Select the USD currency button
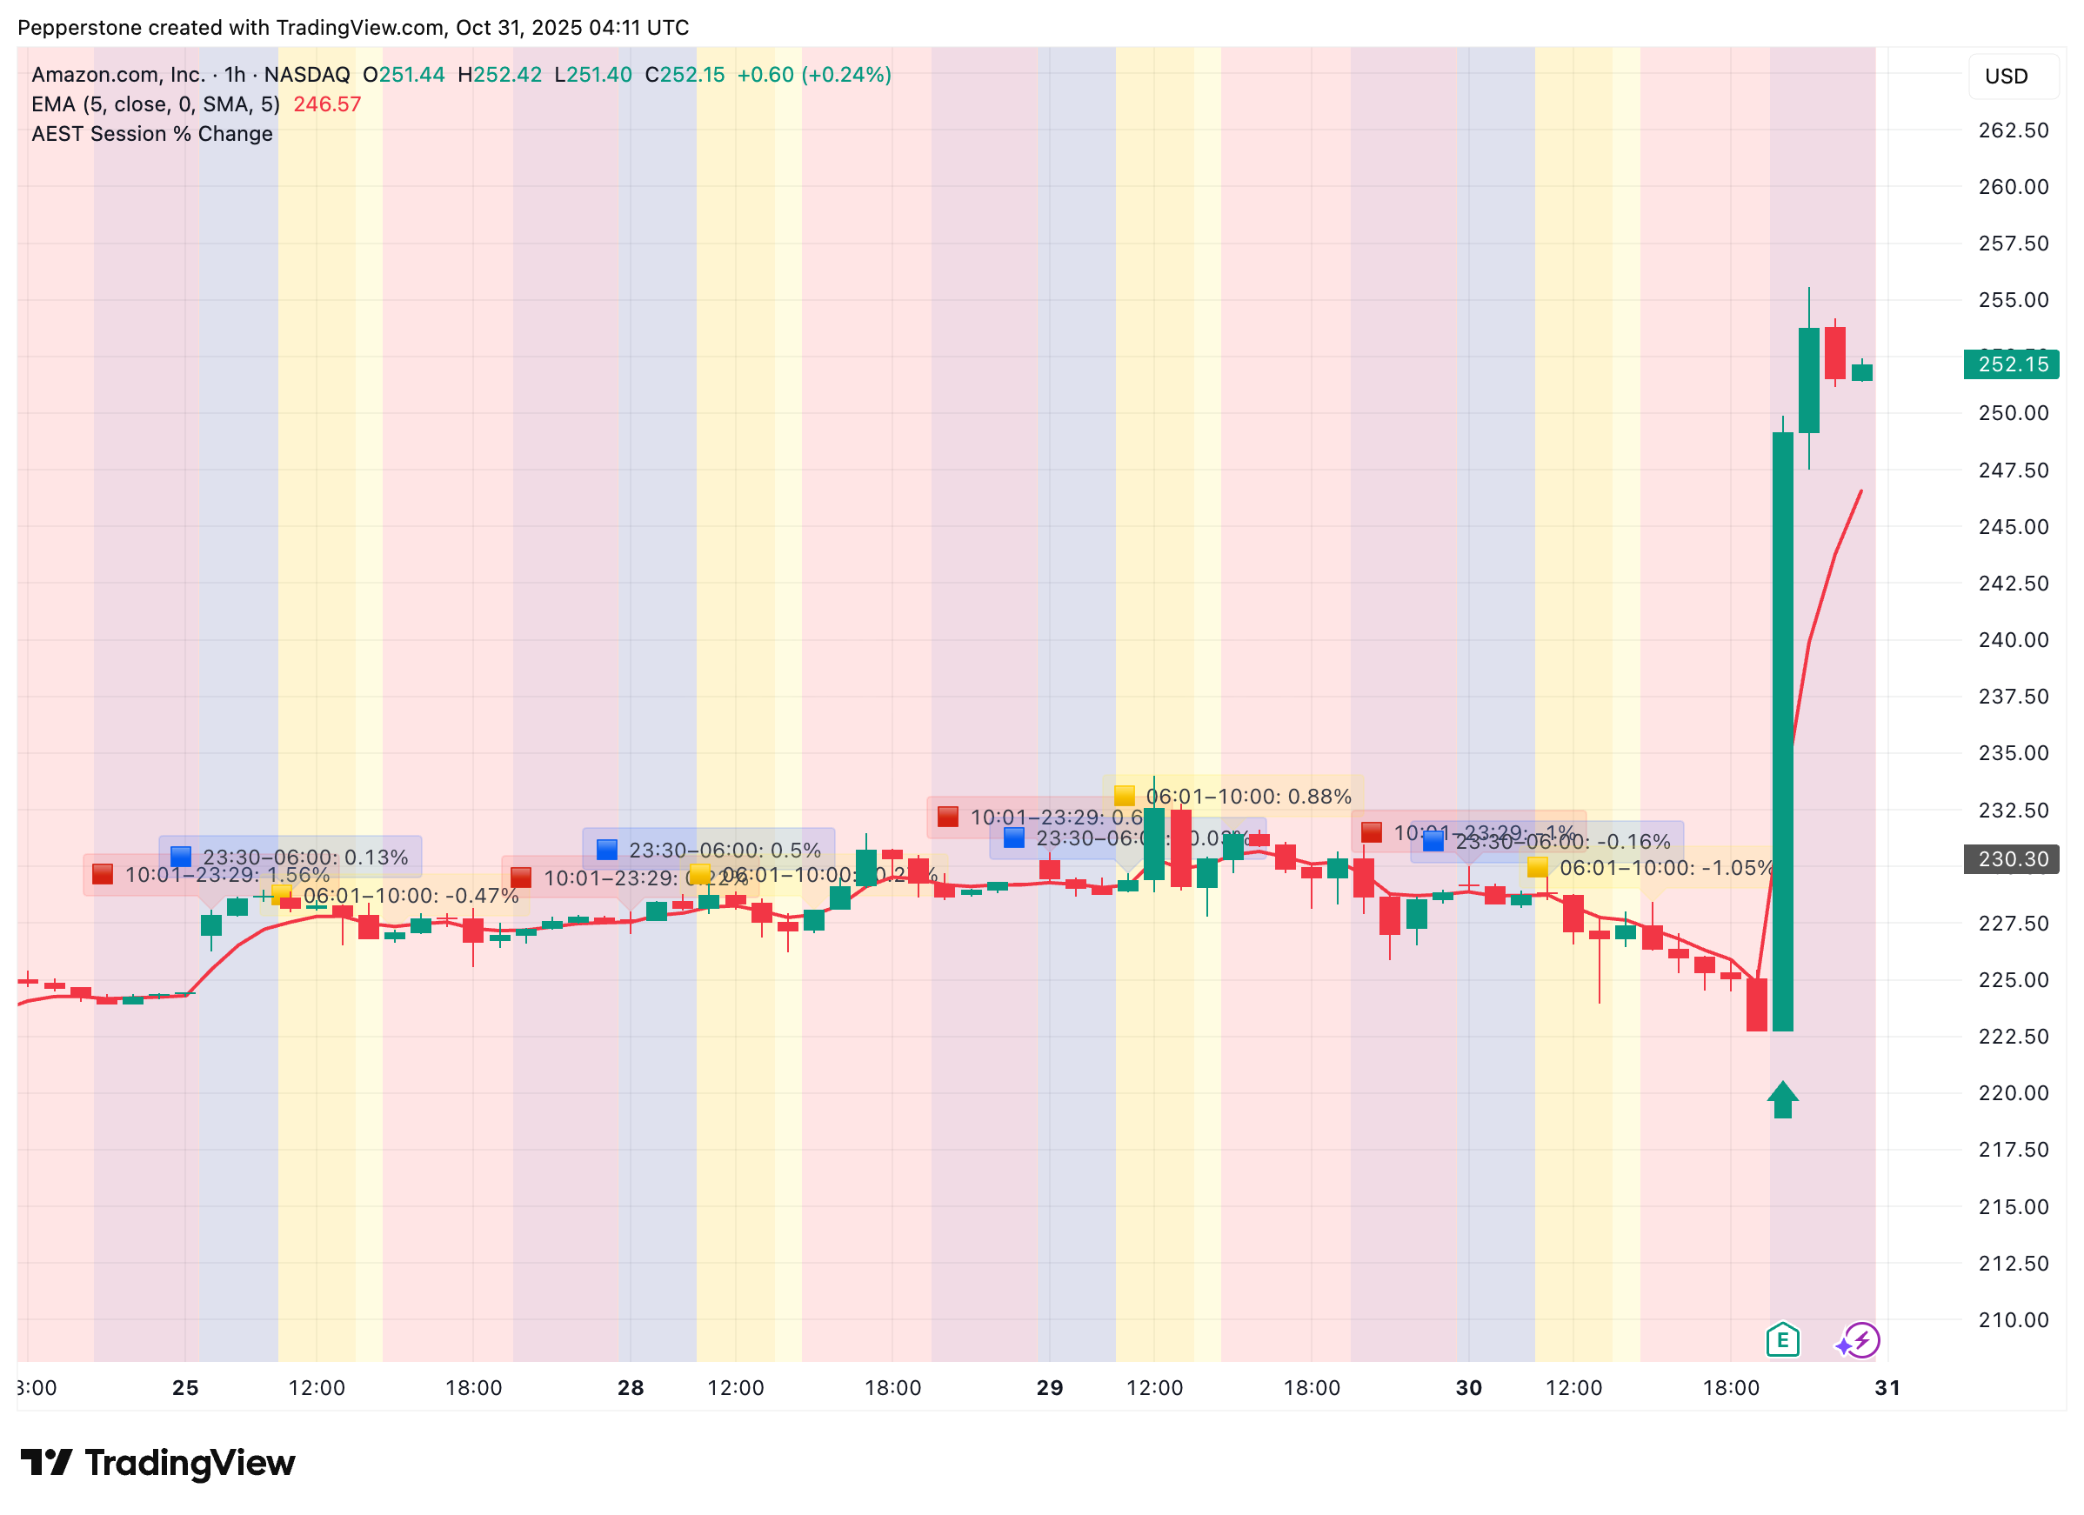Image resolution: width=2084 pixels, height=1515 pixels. [2013, 77]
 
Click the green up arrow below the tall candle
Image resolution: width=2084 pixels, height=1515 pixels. [1782, 1100]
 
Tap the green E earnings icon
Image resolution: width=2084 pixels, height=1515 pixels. [1782, 1340]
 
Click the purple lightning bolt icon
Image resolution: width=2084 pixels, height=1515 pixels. [1860, 1340]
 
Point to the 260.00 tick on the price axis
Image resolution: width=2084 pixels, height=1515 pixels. [2013, 186]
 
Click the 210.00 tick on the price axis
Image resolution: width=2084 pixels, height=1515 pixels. [2013, 1320]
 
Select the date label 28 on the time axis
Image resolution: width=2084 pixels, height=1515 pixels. [631, 1388]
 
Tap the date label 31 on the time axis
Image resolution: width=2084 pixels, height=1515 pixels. [1887, 1388]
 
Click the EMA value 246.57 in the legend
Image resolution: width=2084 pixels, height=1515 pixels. [327, 104]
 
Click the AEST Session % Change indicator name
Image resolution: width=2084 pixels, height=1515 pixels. [151, 134]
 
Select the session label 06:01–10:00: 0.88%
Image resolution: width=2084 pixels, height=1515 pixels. [1247, 797]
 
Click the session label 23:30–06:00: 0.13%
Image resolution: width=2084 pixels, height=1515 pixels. [304, 858]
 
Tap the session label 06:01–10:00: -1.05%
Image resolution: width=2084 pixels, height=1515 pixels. [1664, 868]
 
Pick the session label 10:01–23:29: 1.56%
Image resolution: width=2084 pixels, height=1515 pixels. [226, 875]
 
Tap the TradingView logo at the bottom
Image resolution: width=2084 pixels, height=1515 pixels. [158, 1463]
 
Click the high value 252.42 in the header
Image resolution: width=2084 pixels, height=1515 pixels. [507, 75]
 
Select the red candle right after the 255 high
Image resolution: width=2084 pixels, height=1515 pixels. [1835, 353]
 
